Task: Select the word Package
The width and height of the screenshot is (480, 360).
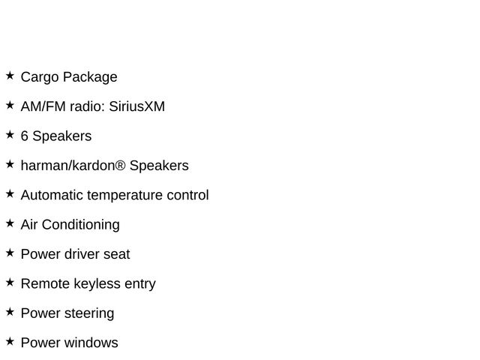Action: point(89,77)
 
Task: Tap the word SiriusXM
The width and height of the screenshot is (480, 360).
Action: point(136,106)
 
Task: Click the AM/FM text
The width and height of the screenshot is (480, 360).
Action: point(43,106)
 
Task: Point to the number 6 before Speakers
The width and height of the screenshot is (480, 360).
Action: point(25,136)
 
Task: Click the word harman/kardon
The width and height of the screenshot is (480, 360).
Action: point(67,166)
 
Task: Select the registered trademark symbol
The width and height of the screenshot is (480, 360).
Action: point(121,166)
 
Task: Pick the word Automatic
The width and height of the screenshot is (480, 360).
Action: point(52,196)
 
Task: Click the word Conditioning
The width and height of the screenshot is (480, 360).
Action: point(81,225)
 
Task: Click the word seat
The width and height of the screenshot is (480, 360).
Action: point(116,254)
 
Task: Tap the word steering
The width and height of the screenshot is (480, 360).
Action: point(88,313)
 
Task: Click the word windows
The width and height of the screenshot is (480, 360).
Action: point(91,343)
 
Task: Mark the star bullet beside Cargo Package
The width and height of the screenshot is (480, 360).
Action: point(10,76)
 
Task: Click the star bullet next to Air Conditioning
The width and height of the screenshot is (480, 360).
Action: point(10,223)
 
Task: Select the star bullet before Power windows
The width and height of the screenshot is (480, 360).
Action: point(10,341)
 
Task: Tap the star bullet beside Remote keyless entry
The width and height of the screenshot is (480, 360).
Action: point(10,282)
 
